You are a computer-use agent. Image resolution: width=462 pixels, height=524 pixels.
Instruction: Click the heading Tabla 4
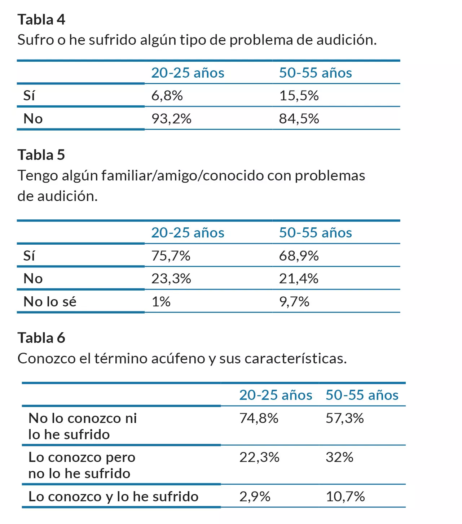click(x=41, y=19)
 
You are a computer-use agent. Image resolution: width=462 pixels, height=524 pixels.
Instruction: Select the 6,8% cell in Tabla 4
click(x=167, y=96)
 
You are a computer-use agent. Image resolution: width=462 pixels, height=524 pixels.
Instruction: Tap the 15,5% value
click(x=299, y=96)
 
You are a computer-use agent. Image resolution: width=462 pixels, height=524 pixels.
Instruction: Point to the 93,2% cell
click(x=171, y=119)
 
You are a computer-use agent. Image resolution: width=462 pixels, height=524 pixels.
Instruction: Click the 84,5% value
click(x=299, y=119)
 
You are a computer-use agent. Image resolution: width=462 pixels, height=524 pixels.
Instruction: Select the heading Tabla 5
click(x=41, y=155)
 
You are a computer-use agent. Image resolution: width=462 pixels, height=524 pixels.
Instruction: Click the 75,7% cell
click(x=171, y=256)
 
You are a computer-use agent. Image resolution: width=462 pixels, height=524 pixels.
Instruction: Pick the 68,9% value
click(x=299, y=256)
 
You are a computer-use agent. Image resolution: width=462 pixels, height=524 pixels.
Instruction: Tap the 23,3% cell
click(x=171, y=279)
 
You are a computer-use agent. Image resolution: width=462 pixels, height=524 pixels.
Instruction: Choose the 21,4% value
click(x=299, y=279)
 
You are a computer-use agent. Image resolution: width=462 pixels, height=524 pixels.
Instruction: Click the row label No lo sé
click(x=50, y=302)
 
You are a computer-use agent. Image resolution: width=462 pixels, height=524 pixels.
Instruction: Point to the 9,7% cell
click(x=294, y=302)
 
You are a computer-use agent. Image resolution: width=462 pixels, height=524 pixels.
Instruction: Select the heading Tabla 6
click(x=41, y=338)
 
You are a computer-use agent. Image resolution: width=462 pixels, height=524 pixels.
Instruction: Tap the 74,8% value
click(x=259, y=418)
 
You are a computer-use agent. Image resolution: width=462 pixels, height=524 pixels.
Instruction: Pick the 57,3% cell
click(x=344, y=418)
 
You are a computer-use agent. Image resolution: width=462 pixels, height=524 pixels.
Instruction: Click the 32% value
click(x=339, y=457)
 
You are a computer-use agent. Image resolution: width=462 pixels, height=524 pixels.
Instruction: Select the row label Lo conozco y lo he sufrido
click(x=113, y=497)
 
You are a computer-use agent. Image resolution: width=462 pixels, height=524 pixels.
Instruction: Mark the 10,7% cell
click(x=345, y=497)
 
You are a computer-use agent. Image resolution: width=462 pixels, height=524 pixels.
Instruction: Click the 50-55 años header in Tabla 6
click(x=362, y=395)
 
